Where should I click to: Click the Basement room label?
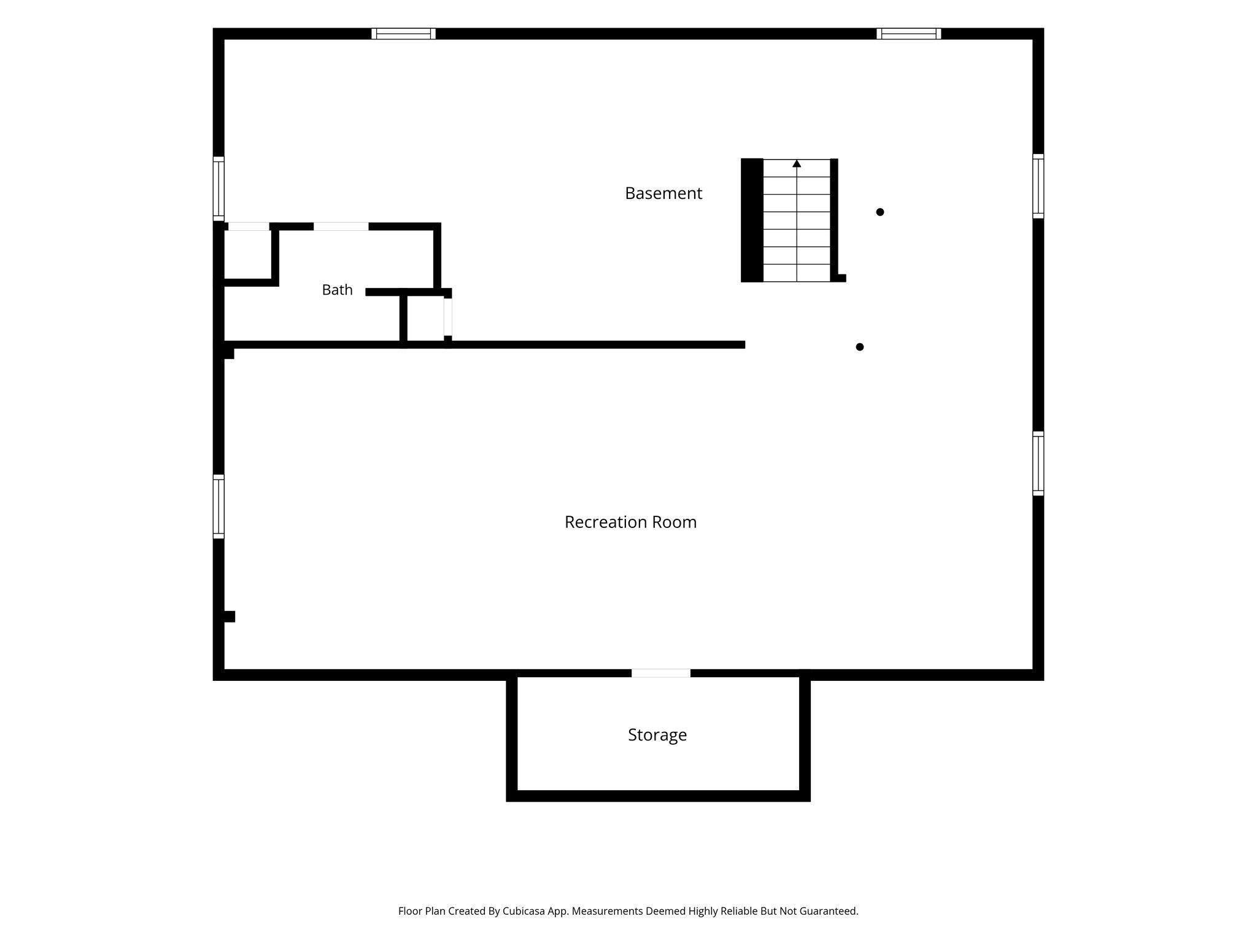point(663,193)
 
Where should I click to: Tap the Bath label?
point(337,290)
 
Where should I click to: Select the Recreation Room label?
point(630,522)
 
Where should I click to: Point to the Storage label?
point(657,735)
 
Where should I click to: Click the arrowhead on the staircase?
point(797,163)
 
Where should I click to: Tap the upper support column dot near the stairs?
point(880,212)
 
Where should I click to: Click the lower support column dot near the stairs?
point(860,347)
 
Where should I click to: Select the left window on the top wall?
point(403,34)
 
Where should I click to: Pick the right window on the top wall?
point(909,34)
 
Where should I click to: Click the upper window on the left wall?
point(219,188)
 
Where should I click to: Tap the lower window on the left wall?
point(219,506)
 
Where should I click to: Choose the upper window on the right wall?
point(1038,186)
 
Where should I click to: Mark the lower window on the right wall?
point(1038,464)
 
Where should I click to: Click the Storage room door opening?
point(661,673)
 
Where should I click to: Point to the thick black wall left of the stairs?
point(752,220)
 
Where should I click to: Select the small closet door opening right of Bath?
point(448,317)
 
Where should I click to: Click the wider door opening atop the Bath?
point(341,227)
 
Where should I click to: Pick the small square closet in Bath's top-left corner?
point(247,255)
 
